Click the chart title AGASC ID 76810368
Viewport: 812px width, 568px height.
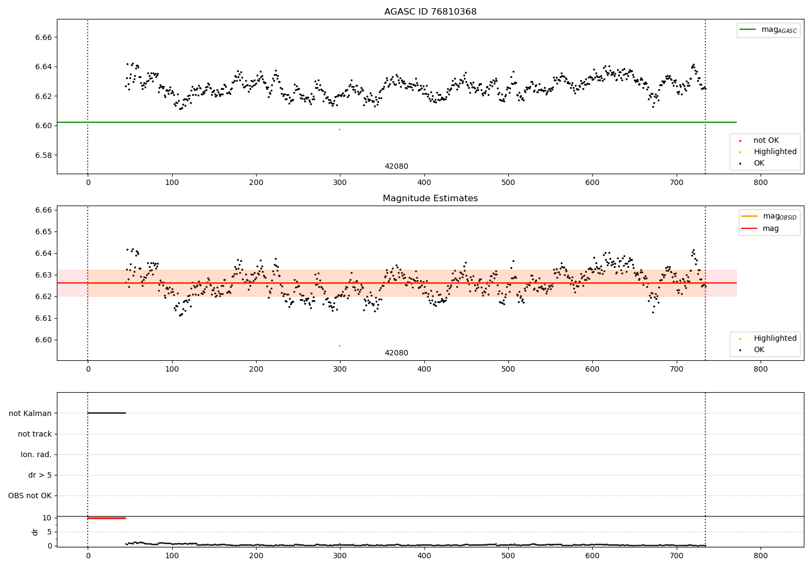pyautogui.click(x=430, y=12)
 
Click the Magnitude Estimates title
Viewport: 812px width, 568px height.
pyautogui.click(x=430, y=199)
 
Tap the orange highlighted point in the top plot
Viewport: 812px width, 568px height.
pyautogui.click(x=339, y=129)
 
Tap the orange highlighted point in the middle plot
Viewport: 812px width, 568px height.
pyautogui.click(x=339, y=346)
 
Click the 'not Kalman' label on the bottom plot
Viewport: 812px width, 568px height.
pyautogui.click(x=30, y=413)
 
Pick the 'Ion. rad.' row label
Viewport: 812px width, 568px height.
pyautogui.click(x=36, y=455)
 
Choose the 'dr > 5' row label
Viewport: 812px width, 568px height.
pyautogui.click(x=40, y=475)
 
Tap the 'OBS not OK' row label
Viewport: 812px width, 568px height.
pyautogui.click(x=30, y=496)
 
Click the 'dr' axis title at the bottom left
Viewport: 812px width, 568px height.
pyautogui.click(x=35, y=532)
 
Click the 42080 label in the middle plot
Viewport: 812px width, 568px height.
pyautogui.click(x=396, y=353)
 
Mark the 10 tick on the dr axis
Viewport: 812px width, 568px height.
pyautogui.click(x=47, y=518)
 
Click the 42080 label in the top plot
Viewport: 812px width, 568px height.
pyautogui.click(x=396, y=167)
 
